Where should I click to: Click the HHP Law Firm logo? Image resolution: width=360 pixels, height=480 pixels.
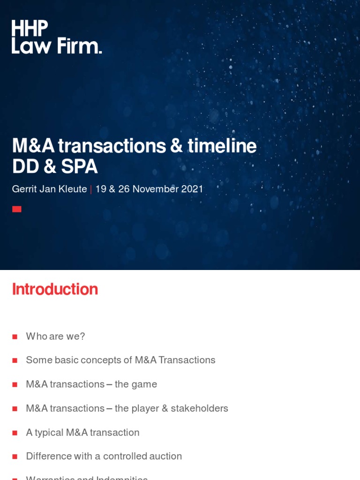tap(56, 37)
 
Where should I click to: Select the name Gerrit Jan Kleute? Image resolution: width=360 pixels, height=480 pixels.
tap(49, 189)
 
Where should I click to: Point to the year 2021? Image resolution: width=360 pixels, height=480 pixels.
tap(193, 189)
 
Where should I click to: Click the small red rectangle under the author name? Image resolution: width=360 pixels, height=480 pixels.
tap(17, 209)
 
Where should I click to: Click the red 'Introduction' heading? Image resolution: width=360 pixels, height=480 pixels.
tap(55, 289)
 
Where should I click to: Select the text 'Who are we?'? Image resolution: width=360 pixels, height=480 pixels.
tap(55, 336)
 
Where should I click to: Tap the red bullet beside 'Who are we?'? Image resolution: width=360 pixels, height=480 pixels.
tap(15, 337)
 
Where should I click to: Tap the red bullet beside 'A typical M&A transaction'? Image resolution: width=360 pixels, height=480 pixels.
tap(15, 433)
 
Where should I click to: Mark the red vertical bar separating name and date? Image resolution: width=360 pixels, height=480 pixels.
tap(91, 189)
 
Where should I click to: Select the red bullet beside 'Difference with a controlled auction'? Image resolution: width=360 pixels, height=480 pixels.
tap(15, 457)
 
